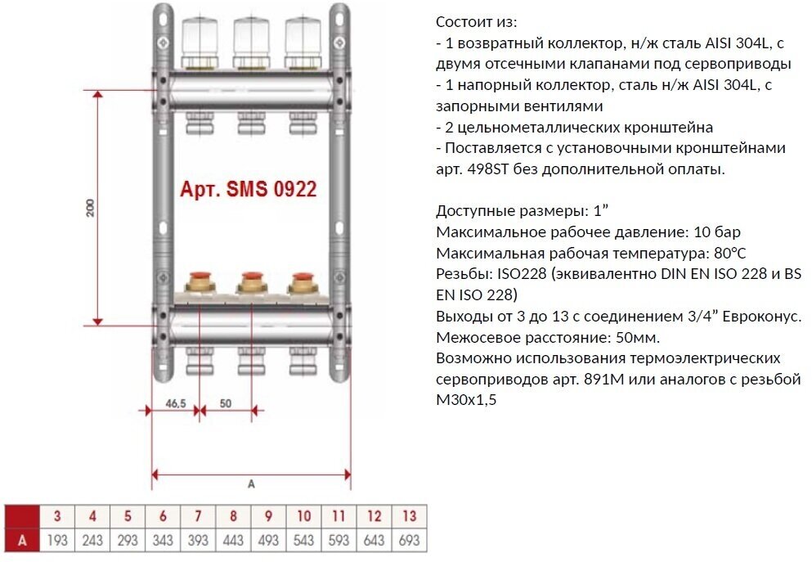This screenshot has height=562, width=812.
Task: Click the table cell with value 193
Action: [x=57, y=540]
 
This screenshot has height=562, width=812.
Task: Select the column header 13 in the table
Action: [x=409, y=517]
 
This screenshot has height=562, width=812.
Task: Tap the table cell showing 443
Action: [x=233, y=540]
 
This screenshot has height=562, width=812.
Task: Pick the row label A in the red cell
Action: [x=22, y=540]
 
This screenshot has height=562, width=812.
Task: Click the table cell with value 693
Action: [x=409, y=540]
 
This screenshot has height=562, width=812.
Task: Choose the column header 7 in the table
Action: [x=198, y=517]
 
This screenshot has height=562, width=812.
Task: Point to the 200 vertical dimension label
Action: [x=91, y=208]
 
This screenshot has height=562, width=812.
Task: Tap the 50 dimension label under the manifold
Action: [x=226, y=404]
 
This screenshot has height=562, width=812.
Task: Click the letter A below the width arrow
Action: [x=251, y=484]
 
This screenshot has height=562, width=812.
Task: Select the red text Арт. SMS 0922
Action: [x=248, y=191]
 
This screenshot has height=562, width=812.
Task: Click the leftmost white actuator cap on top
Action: [x=199, y=36]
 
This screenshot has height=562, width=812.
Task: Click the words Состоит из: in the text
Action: [x=477, y=21]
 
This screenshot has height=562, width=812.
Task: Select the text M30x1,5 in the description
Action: [x=467, y=401]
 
